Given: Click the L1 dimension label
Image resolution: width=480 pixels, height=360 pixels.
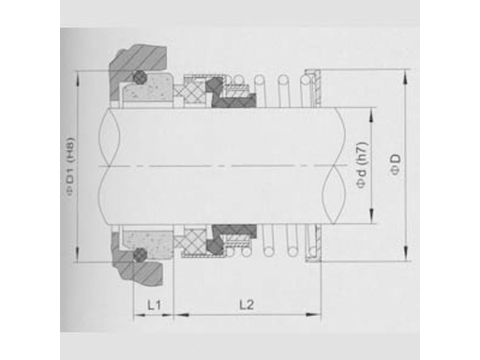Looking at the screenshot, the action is click(155, 305).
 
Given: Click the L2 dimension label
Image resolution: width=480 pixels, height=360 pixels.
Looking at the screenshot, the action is click(247, 305).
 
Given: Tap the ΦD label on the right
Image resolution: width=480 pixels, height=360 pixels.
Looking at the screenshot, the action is click(395, 164).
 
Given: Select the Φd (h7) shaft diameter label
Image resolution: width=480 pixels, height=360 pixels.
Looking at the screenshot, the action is click(363, 165).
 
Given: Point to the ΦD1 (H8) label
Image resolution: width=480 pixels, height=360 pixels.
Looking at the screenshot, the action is click(70, 167).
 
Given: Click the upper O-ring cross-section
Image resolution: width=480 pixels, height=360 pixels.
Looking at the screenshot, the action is click(139, 77).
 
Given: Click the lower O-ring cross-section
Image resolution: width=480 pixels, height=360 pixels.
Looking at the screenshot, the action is click(140, 254).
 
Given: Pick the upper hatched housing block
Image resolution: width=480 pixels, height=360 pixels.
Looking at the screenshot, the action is click(137, 68).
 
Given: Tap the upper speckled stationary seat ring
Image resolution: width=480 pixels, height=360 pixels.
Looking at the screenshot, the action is click(147, 89).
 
